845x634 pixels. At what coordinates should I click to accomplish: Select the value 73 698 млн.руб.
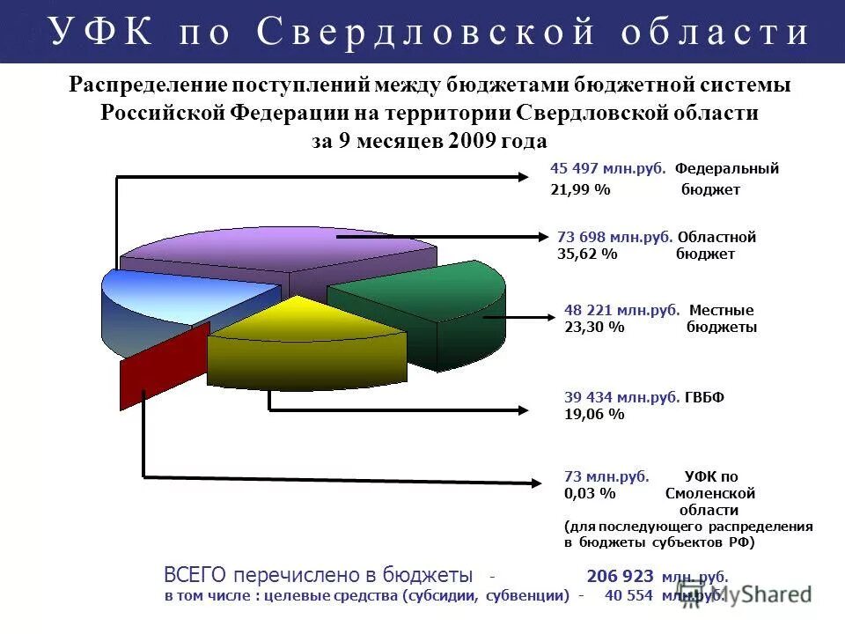615,237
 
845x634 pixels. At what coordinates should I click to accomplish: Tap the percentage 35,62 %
587,254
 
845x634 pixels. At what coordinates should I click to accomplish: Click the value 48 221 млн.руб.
621,310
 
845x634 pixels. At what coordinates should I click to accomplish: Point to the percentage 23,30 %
594,327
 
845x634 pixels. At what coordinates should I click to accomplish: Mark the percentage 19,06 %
594,414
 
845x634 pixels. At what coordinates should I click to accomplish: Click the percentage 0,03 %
590,494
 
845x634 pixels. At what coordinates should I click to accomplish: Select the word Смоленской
710,494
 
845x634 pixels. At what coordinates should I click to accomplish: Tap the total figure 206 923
620,577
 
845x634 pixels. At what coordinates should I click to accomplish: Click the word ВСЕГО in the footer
195,576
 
